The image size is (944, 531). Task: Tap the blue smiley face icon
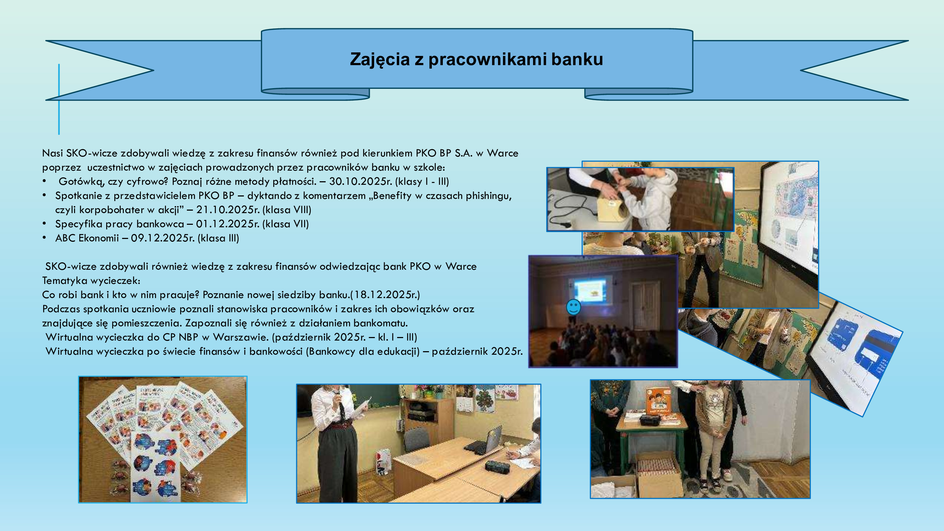point(573,307)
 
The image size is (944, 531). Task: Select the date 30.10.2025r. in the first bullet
point(360,181)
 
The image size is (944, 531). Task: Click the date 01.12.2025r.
point(228,224)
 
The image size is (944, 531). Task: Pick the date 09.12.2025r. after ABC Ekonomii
point(163,238)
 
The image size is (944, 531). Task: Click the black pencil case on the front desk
point(497,467)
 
